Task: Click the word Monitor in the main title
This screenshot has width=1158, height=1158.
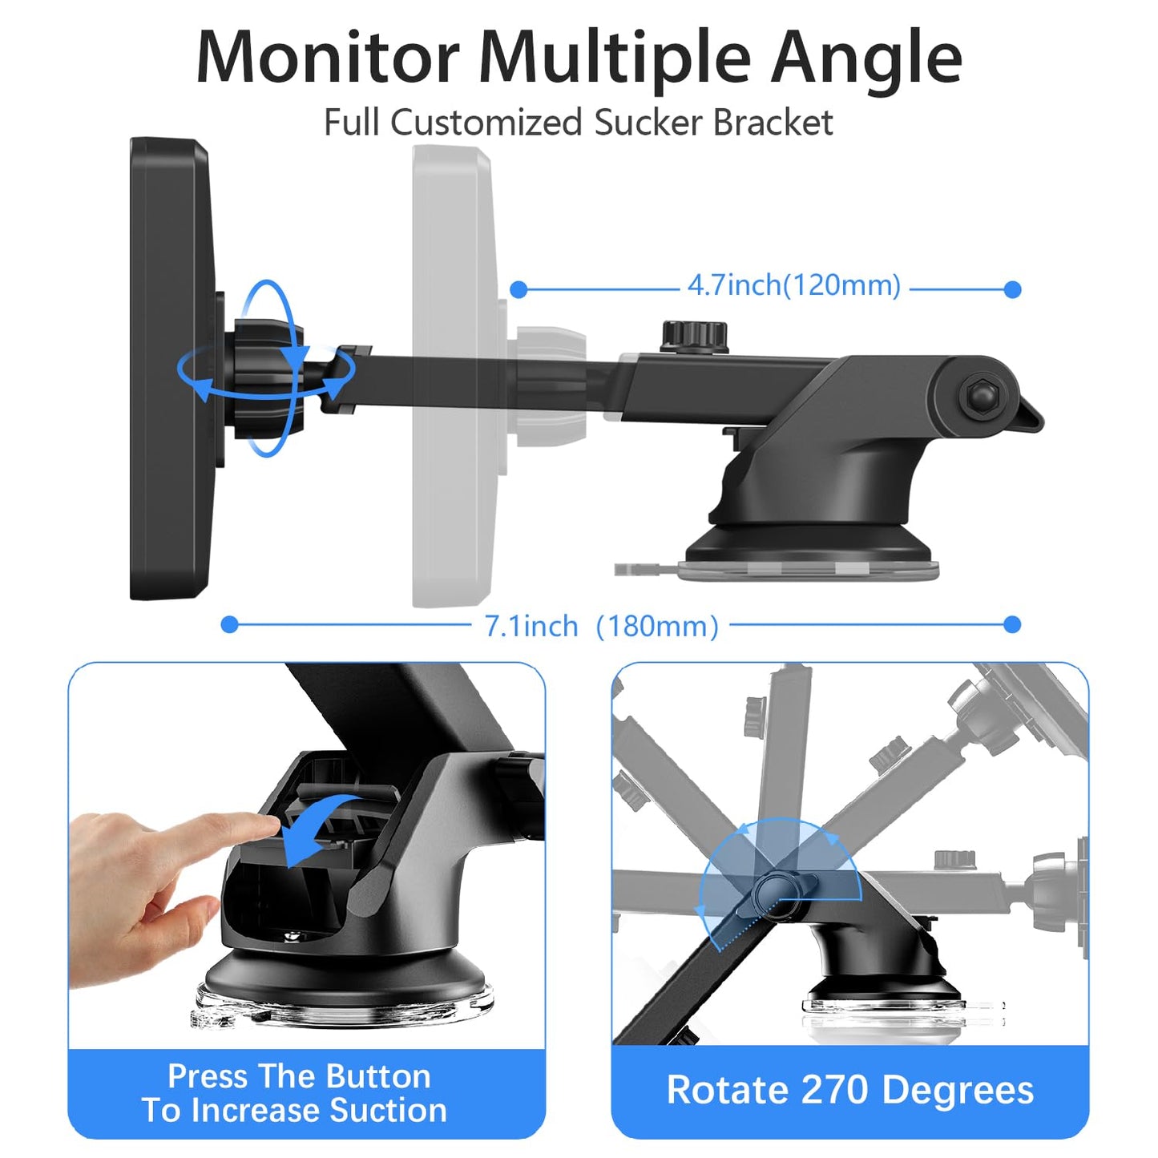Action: (x=328, y=59)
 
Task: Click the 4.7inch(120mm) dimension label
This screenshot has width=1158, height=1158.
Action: (x=794, y=285)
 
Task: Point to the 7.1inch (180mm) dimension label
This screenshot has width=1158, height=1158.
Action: (x=602, y=627)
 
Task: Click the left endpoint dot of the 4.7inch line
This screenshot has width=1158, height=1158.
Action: (x=518, y=290)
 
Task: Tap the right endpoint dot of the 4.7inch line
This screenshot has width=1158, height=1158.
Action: (x=1012, y=290)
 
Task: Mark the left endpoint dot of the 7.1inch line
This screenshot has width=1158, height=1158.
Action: (x=229, y=625)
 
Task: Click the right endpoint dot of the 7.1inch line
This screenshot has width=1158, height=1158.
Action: (x=1012, y=625)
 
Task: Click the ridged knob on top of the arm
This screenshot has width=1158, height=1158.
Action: (x=695, y=337)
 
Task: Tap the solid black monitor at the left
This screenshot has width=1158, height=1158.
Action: (x=171, y=369)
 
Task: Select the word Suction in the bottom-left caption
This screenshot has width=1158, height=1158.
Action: (x=389, y=1109)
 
